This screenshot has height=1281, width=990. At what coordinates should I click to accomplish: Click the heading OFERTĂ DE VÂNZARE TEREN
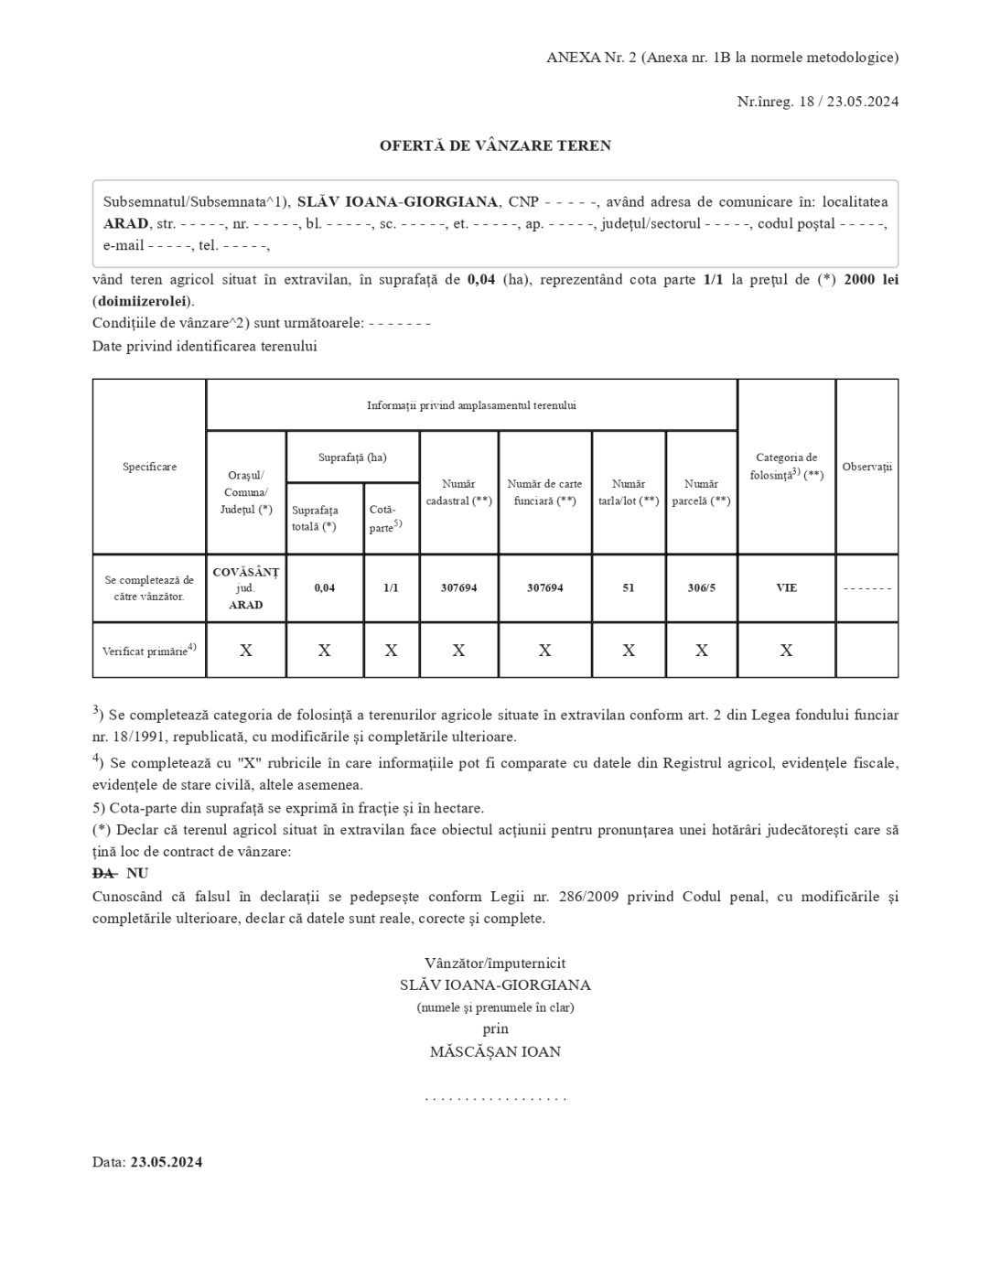[495, 145]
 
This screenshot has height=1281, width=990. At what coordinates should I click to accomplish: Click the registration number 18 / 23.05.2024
[848, 102]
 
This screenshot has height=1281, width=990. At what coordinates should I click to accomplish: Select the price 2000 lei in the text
[870, 279]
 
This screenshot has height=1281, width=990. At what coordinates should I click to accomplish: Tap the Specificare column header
[149, 467]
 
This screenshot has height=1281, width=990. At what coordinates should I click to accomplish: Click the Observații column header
[866, 467]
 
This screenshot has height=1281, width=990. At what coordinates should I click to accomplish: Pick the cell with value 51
[629, 587]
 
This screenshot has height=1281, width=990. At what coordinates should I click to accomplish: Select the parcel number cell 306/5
[702, 587]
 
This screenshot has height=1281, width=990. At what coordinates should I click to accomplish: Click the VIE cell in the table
[786, 587]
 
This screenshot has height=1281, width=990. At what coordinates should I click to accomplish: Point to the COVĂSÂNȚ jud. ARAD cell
[246, 587]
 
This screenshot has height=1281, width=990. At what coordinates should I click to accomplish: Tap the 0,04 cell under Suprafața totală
[325, 587]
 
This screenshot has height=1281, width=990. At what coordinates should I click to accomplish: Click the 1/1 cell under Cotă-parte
[391, 587]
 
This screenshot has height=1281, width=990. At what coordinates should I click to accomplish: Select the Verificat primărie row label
[149, 651]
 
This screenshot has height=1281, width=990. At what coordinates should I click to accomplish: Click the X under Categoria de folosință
[786, 651]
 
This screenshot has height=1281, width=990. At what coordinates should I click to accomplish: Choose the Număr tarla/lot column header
[629, 492]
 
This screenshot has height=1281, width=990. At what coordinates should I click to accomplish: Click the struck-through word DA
[103, 874]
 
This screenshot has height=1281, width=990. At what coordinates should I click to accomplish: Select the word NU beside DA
[137, 874]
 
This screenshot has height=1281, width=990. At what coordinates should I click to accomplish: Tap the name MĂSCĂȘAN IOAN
[495, 1051]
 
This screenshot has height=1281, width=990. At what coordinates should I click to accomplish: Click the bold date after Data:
[166, 1162]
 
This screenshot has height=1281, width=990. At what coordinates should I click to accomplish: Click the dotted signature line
[495, 1097]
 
